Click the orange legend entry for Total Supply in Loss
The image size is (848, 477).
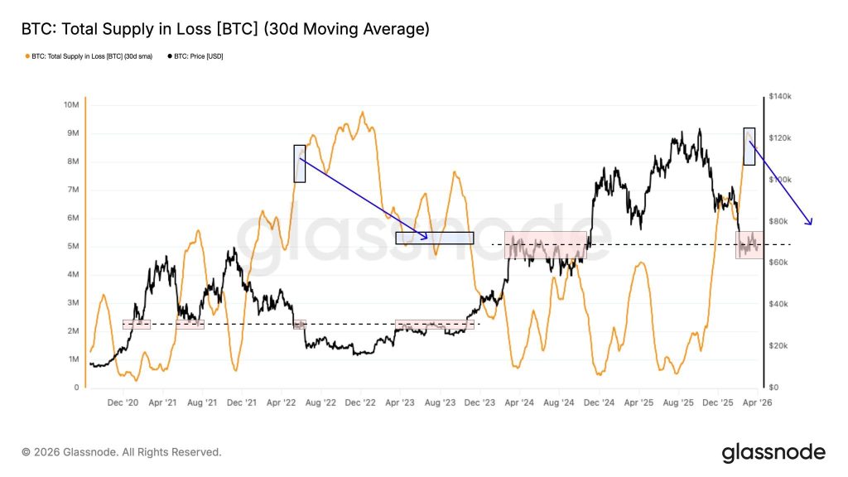point(88,56)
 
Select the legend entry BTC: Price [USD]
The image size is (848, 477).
point(198,56)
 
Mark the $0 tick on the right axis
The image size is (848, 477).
point(774,388)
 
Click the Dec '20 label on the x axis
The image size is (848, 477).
point(123,402)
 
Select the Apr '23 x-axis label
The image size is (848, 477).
point(400,402)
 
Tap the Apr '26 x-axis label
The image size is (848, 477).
point(757,402)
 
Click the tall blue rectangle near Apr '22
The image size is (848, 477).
point(299,163)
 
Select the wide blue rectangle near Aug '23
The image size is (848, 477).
point(434,238)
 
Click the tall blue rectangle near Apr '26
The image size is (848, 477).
point(749,146)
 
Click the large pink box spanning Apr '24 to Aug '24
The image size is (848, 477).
point(545,245)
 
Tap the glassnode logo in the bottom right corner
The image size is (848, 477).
point(773,452)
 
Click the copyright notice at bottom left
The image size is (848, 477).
point(122,452)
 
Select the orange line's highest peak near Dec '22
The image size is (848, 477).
point(362,113)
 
